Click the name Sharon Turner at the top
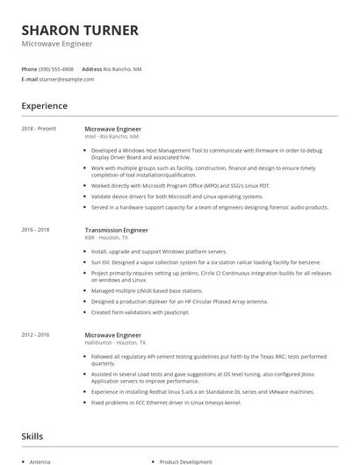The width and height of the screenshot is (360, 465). [80, 30]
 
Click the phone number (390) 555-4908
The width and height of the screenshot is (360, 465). [56, 68]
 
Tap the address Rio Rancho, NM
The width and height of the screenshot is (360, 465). [123, 68]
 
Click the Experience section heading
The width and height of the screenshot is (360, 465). [44, 105]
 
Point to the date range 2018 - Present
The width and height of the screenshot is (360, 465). [39, 129]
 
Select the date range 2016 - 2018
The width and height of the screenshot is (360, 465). [36, 230]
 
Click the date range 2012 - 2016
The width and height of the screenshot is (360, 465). [36, 333]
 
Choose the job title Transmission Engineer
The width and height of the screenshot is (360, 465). [116, 230]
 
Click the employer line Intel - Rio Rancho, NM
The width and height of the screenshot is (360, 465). [112, 137]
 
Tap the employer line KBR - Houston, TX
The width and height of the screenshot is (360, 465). [106, 238]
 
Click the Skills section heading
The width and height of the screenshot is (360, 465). [32, 435]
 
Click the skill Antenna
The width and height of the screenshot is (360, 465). [40, 461]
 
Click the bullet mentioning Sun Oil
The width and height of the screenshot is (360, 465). [211, 261]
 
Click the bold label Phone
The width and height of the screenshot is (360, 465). [29, 68]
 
